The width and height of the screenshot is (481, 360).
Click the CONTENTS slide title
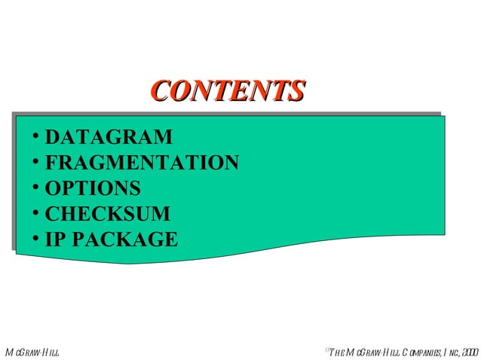[x=227, y=90]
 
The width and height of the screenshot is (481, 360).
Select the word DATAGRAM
[x=108, y=138]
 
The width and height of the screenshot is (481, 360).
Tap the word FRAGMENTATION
[x=142, y=163]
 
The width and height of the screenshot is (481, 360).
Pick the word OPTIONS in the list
[x=92, y=188]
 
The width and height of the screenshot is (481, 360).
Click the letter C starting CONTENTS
[x=158, y=91]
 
